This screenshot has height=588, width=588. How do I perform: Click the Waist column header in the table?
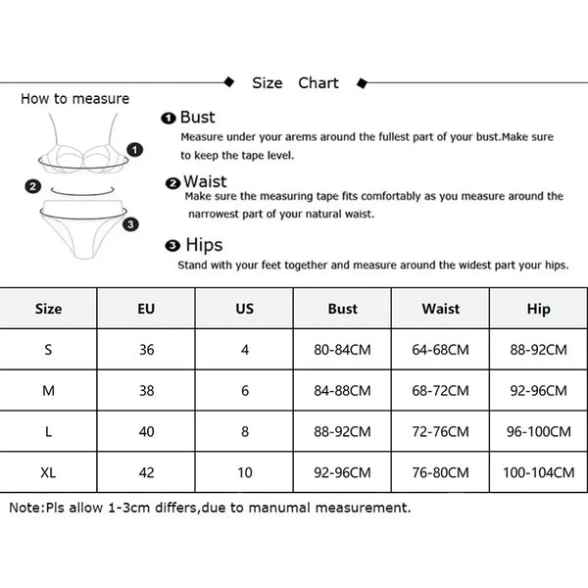point(441,309)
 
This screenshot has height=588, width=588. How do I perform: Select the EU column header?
point(146,309)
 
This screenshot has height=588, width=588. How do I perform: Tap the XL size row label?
point(48,472)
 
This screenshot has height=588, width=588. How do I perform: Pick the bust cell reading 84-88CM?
point(342,391)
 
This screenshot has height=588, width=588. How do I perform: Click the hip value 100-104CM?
point(538,472)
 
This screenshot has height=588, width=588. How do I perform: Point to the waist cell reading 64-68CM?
point(441,350)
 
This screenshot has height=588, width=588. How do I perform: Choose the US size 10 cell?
point(244,472)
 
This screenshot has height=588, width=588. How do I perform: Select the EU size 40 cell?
point(146,431)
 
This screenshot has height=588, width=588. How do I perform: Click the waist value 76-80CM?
point(441,472)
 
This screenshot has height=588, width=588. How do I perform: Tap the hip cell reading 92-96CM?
point(538,391)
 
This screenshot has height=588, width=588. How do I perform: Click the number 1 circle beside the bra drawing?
point(134,150)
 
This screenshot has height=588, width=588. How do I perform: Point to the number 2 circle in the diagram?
point(33,186)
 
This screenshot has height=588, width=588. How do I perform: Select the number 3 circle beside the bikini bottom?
point(130,224)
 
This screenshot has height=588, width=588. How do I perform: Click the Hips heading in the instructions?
point(204,245)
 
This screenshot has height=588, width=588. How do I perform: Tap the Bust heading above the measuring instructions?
point(198,117)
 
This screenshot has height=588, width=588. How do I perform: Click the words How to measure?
point(75,99)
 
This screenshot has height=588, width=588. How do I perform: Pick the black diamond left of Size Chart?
point(228,81)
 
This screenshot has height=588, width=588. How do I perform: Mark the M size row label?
point(48,391)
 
